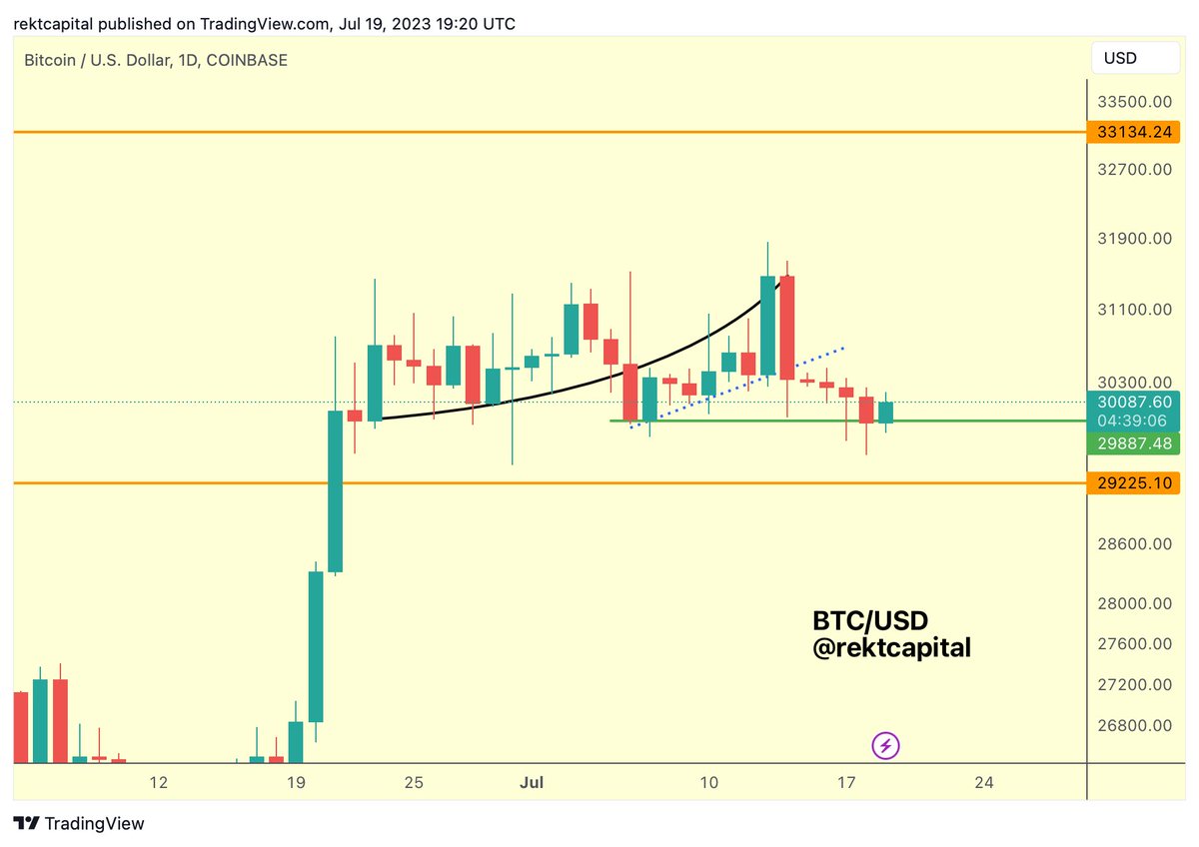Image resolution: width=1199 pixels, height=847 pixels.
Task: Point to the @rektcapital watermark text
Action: pos(891,648)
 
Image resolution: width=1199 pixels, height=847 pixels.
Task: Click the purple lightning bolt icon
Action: pos(886,745)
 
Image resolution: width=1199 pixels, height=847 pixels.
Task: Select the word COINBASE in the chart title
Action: pos(247,60)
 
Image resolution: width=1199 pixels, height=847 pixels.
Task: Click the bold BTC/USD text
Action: pos(870,622)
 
